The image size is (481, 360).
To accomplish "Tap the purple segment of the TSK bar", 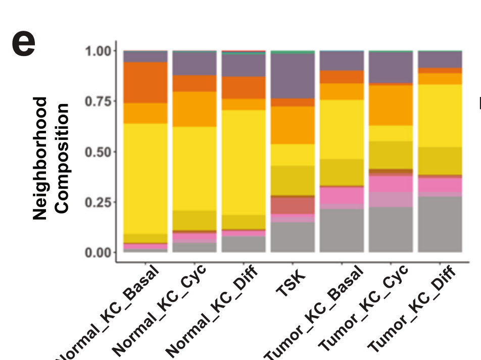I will pyautogui.click(x=293, y=76).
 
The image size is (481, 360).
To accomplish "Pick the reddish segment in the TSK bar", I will pyautogui.click(x=293, y=205).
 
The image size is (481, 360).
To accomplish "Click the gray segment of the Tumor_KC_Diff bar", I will pyautogui.click(x=440, y=224).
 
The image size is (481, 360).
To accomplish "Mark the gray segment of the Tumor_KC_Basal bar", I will pyautogui.click(x=342, y=230).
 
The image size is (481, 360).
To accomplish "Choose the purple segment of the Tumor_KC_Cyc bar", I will pyautogui.click(x=391, y=67).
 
